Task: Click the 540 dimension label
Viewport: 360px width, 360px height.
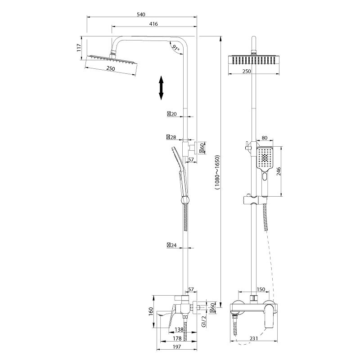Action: (x=141, y=14)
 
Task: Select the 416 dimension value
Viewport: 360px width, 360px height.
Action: (x=153, y=24)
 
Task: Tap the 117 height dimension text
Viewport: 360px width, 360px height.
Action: (x=79, y=48)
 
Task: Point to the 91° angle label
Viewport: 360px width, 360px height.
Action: (x=176, y=48)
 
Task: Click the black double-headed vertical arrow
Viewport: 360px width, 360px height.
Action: (x=161, y=88)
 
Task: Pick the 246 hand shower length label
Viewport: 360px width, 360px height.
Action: (x=279, y=171)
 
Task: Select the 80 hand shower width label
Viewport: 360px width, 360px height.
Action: (x=265, y=138)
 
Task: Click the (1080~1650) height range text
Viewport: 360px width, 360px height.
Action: (x=217, y=172)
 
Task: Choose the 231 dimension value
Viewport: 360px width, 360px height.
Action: (x=254, y=338)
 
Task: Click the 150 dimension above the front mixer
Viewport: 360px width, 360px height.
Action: (x=261, y=289)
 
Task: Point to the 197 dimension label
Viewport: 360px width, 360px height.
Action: (x=176, y=346)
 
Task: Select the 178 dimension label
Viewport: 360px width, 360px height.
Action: (x=177, y=338)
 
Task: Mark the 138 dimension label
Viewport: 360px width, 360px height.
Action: (x=179, y=330)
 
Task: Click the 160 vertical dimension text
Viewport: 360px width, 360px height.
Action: (x=151, y=311)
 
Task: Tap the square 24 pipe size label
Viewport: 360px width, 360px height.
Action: (x=172, y=245)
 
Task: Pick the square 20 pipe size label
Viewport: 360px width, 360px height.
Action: (x=172, y=114)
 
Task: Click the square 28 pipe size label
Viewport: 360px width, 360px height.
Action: (x=171, y=137)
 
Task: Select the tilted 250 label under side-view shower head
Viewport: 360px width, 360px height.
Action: (x=111, y=69)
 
